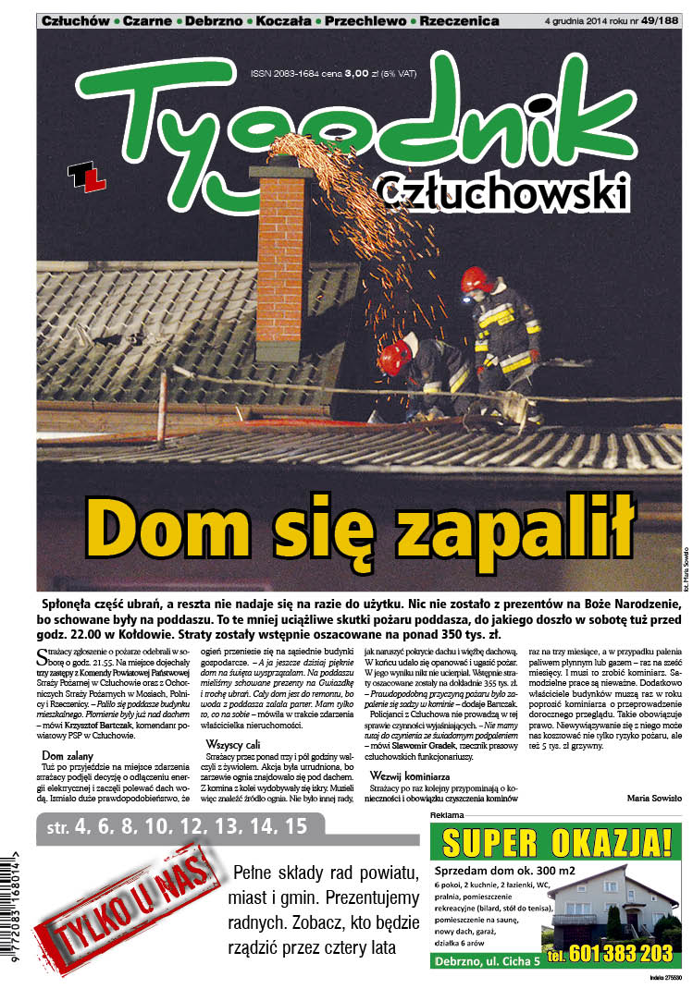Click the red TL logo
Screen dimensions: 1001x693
(88, 177)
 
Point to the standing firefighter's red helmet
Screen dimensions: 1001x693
(477, 279)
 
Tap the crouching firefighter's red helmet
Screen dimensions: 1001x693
(396, 356)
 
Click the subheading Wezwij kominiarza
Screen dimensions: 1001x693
(410, 775)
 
